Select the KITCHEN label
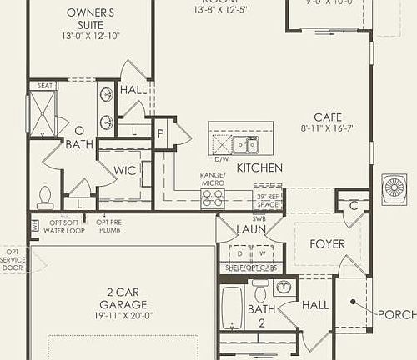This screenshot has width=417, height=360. coord(259,167)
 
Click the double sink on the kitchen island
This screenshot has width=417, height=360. coord(244,145)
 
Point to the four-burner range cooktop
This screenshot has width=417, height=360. coord(213,197)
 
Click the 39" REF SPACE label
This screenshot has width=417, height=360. coord(267,199)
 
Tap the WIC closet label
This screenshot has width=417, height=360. coord(125,170)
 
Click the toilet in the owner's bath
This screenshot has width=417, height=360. coord(45,197)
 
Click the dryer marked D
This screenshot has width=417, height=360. coord(239,252)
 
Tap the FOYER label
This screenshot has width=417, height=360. coord(327,244)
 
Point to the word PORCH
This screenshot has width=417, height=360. coord(396,314)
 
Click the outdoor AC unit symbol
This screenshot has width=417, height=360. coord(394,187)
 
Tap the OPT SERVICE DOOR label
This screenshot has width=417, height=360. coord(13,260)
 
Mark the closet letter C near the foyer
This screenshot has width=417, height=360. coord(354,205)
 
